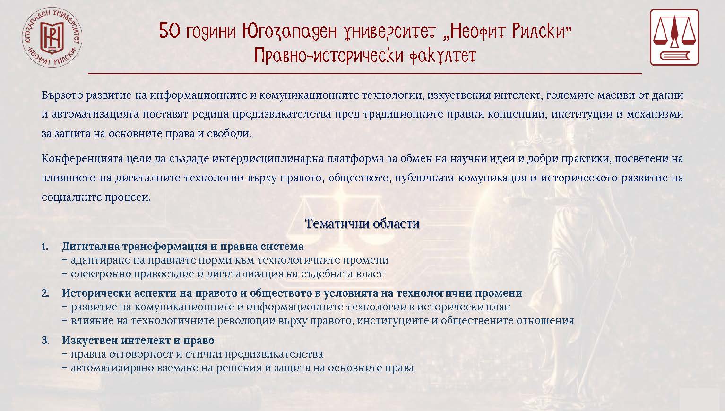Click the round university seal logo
pyautogui.click(x=52, y=38)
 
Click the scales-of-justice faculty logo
pyautogui.click(x=674, y=37)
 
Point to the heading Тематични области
pyautogui.click(x=362, y=223)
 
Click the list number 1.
pyautogui.click(x=45, y=246)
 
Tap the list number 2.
pyautogui.click(x=45, y=293)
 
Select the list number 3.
pyautogui.click(x=45, y=340)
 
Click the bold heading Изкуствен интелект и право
pyautogui.click(x=138, y=340)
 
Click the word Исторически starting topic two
pyautogui.click(x=96, y=293)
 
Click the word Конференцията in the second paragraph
pyautogui.click(x=82, y=158)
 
